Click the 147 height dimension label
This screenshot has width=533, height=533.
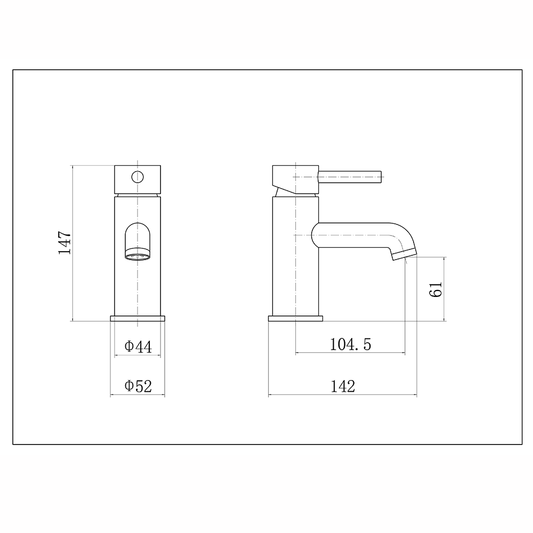pos(64,243)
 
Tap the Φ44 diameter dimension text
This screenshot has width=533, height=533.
pos(138,347)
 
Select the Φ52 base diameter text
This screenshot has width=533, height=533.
pos(138,386)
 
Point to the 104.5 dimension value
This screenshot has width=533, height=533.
pos(350,345)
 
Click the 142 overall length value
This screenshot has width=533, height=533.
pos(342,386)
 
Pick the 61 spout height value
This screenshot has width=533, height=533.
pos(436,289)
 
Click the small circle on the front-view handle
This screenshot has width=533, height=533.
pos(138,176)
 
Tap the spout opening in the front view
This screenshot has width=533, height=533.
pos(138,237)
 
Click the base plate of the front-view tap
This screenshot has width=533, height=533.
pos(138,319)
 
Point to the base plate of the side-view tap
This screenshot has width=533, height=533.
pos(295,319)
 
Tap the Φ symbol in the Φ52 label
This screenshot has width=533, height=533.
pos(129,386)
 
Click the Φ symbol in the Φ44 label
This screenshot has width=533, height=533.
pos(129,347)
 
